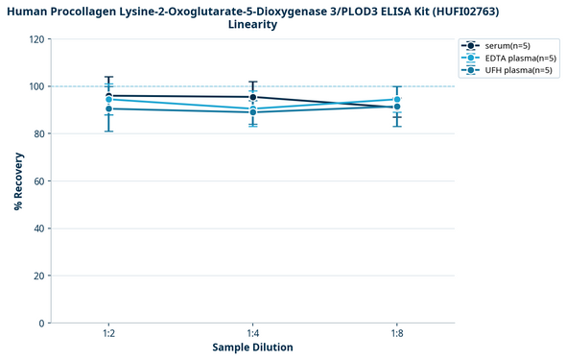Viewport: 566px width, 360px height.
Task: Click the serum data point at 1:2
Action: [109, 96]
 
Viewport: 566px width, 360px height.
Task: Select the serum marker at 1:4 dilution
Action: [253, 97]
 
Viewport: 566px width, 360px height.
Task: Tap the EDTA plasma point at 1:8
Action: [397, 100]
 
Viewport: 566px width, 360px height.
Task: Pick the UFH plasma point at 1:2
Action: [109, 108]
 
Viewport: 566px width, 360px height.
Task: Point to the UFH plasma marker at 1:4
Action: [253, 112]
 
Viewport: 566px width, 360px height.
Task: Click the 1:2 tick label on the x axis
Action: [109, 332]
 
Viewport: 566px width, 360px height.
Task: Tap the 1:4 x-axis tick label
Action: [253, 332]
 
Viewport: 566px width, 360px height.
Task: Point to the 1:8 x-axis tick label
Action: [397, 332]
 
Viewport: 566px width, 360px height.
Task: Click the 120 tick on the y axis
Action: [36, 39]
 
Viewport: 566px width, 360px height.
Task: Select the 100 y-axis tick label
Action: [36, 86]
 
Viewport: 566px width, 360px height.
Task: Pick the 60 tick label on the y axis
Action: [39, 181]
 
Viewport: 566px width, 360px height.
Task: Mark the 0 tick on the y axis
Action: [42, 324]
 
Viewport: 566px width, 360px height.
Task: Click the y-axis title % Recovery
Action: [19, 180]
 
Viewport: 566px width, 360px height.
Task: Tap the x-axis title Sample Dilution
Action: [252, 347]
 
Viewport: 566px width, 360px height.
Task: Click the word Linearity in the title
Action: [253, 25]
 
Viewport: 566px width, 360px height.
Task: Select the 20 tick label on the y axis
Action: [39, 276]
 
